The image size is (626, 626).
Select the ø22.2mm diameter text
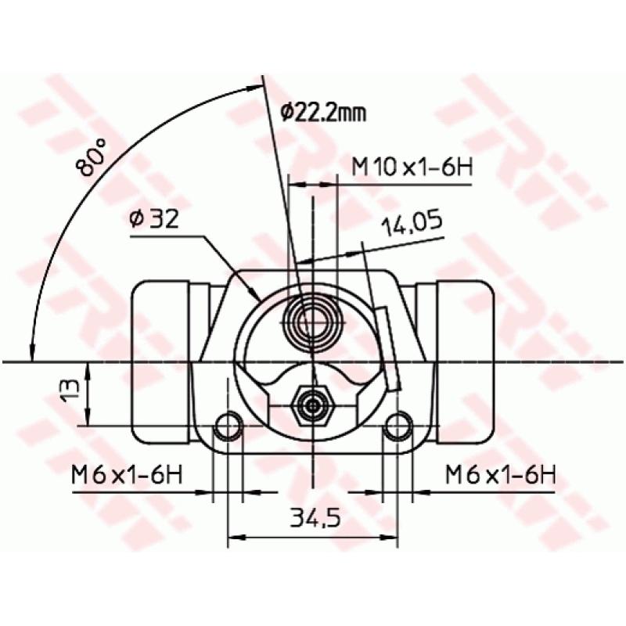[322, 113]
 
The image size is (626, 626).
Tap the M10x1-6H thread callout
[412, 167]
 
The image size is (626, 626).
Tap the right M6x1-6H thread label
[500, 475]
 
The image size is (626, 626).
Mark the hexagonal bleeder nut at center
[313, 405]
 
